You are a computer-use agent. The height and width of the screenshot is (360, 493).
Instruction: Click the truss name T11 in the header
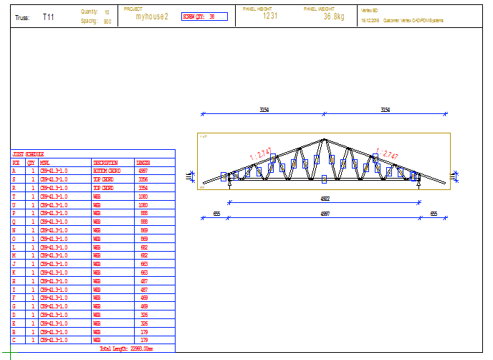pyautogui.click(x=48, y=16)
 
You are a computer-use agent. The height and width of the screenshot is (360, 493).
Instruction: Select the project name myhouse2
pyautogui.click(x=151, y=16)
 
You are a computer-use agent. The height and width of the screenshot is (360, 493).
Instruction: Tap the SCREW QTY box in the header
pyautogui.click(x=204, y=16)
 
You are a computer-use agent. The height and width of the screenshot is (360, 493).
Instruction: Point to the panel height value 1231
pyautogui.click(x=270, y=16)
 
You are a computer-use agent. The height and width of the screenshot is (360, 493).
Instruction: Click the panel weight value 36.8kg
pyautogui.click(x=334, y=16)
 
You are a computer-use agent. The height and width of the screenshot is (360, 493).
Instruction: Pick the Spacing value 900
pyautogui.click(x=107, y=22)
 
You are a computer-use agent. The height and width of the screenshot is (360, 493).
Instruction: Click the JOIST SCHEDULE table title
pyautogui.click(x=29, y=154)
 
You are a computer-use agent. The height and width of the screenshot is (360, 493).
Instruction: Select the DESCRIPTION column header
pyautogui.click(x=105, y=163)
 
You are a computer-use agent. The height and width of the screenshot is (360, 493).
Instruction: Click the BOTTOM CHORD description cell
pyautogui.click(x=107, y=171)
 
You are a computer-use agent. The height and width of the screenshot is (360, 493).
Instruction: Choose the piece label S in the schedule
pyautogui.click(x=15, y=179)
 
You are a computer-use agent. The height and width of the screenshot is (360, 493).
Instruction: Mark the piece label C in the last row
pyautogui.click(x=15, y=340)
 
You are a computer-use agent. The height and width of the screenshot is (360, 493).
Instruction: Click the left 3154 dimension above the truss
pyautogui.click(x=264, y=110)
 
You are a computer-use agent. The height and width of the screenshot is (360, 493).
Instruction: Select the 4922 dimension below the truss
pyautogui.click(x=324, y=199)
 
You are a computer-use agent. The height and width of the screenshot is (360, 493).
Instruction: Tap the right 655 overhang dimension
pyautogui.click(x=434, y=213)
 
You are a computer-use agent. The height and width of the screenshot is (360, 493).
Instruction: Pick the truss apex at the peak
pyautogui.click(x=325, y=139)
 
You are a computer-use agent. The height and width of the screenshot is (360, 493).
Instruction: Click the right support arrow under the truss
pyautogui.click(x=418, y=185)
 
